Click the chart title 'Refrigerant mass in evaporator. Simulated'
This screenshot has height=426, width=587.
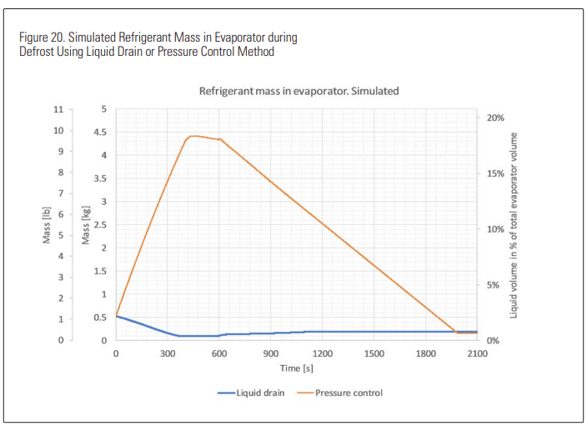[299, 90]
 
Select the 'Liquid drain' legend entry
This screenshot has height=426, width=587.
[259, 392]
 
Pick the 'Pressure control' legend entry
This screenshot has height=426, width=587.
[348, 392]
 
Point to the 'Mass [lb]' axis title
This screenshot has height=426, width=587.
[48, 226]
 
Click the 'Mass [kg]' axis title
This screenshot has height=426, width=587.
[86, 226]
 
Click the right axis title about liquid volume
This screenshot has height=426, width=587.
[514, 225]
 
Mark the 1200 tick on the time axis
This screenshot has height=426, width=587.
[323, 353]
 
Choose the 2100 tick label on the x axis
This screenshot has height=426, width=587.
[477, 353]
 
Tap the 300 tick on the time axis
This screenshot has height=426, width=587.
[168, 353]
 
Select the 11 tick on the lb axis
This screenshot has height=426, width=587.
[58, 109]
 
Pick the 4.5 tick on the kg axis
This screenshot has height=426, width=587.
[99, 133]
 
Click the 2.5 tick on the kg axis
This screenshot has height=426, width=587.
[99, 225]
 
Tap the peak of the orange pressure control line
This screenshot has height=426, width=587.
[193, 136]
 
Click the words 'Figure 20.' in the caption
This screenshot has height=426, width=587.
[39, 38]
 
